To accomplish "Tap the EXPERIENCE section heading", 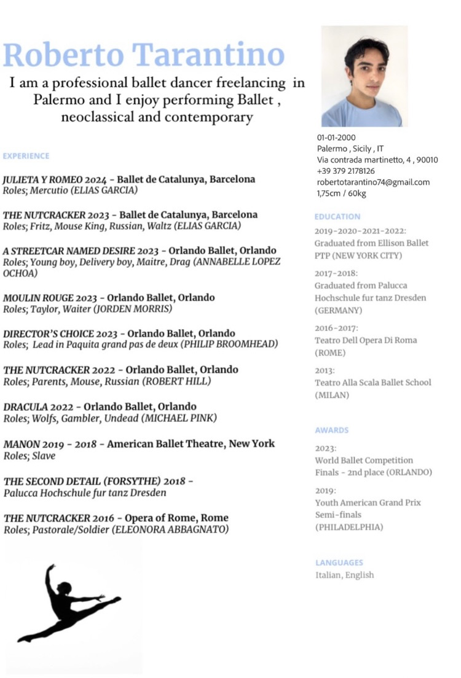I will coord(26,156).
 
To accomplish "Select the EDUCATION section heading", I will coord(337,217).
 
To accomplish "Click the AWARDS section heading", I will coord(331,431).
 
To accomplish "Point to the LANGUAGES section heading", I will coord(339,563).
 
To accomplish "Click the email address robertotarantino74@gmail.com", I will coord(373,182).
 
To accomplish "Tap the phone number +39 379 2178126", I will coord(345,171).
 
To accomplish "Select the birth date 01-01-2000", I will coord(336,138).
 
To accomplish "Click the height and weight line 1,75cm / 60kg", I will coord(341,193).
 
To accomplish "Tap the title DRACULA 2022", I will coord(39,407).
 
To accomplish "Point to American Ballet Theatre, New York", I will coord(191,443).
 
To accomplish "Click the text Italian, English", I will coord(344,575).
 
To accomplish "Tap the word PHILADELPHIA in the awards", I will coord(349,527).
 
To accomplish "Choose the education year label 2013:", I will coord(325,370).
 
